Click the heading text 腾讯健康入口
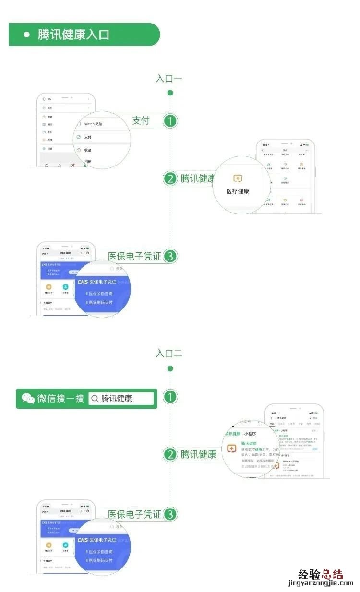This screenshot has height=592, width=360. click(x=73, y=35)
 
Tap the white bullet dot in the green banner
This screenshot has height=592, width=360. click(x=27, y=35)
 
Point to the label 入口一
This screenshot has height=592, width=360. click(x=169, y=79)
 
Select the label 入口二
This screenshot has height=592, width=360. click(x=169, y=354)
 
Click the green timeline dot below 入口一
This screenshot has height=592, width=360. click(x=170, y=93)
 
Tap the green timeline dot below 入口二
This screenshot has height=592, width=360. click(x=170, y=368)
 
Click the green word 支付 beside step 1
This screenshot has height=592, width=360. click(x=141, y=120)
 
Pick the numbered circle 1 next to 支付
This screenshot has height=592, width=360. click(x=170, y=121)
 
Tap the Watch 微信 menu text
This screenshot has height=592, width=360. click(x=94, y=124)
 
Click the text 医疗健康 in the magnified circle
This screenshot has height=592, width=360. click(x=238, y=191)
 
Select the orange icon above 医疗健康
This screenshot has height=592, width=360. click(x=238, y=178)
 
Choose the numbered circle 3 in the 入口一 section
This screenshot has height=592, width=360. click(x=170, y=257)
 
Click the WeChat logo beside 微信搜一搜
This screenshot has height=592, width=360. click(x=28, y=398)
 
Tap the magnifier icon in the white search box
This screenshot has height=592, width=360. click(x=95, y=399)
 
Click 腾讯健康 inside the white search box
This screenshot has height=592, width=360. click(x=117, y=399)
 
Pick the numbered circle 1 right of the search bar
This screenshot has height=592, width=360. click(x=170, y=397)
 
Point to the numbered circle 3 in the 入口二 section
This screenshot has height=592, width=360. click(x=170, y=515)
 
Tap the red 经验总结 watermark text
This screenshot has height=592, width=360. click(x=321, y=574)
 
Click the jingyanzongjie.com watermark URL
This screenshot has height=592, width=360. click(x=321, y=584)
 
